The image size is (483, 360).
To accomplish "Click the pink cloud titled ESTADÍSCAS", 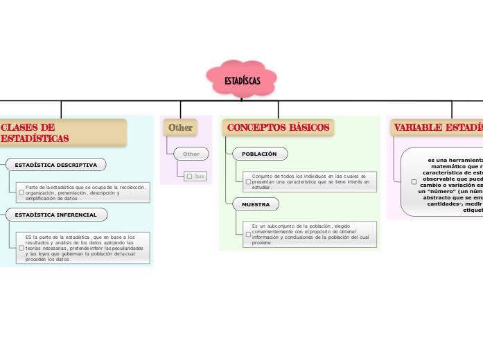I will [x=242, y=81].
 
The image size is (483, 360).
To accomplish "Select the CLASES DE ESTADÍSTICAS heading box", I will [x=62, y=133].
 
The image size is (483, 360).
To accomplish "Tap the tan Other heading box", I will [x=180, y=127].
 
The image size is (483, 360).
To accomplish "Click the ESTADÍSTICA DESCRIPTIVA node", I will [x=56, y=165].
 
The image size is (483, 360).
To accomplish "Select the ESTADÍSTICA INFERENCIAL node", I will [x=56, y=215].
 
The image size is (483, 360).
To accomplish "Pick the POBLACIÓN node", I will [x=259, y=154].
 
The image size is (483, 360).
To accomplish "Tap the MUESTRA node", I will [x=256, y=204].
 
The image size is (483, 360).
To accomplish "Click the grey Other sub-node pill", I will [x=191, y=154].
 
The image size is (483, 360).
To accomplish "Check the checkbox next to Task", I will [x=189, y=177].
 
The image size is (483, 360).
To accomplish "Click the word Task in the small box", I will [x=200, y=177].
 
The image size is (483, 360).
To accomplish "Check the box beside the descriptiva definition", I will [x=21, y=192].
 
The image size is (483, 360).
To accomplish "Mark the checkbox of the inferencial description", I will [x=21, y=248].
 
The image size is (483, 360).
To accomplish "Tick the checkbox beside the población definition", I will [x=248, y=182].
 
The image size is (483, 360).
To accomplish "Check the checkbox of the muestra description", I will [x=248, y=234].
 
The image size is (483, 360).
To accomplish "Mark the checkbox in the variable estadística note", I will [x=414, y=182].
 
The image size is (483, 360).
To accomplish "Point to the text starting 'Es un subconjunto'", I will [x=310, y=234].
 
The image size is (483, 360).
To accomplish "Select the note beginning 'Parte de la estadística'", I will [x=85, y=192].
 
